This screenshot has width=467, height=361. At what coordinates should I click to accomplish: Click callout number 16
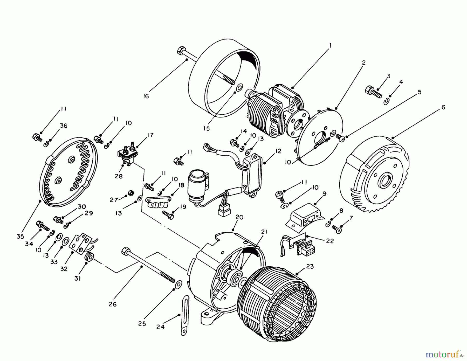click(x=146, y=96)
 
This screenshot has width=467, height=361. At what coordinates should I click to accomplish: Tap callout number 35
click(x=20, y=237)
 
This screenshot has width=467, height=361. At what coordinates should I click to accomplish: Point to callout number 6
click(x=443, y=107)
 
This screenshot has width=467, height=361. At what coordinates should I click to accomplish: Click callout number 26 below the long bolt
click(x=113, y=304)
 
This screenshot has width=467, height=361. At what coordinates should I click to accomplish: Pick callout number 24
click(x=160, y=327)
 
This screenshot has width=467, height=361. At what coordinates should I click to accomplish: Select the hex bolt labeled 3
click(x=373, y=93)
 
